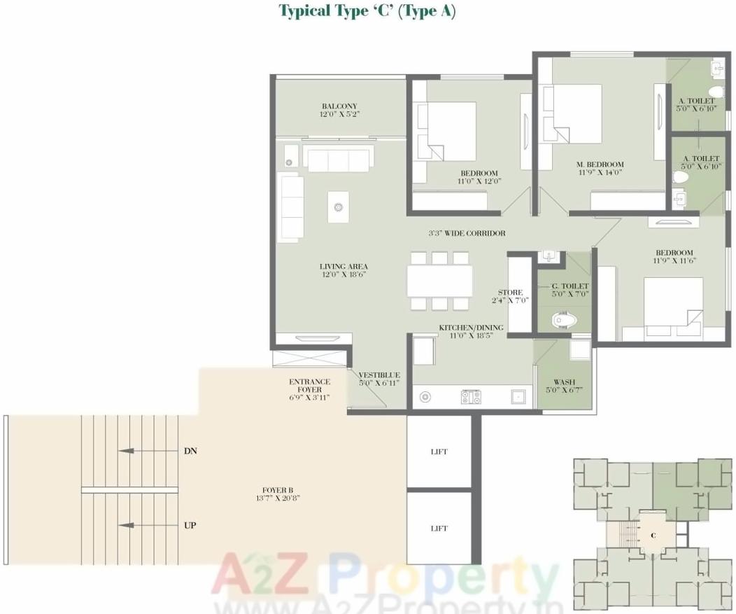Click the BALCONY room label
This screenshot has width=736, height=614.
tap(339, 106)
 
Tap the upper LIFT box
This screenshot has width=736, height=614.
tap(439, 452)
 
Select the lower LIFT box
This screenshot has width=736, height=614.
tap(439, 528)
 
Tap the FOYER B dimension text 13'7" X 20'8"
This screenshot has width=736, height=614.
tap(272, 498)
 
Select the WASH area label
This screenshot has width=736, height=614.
tap(564, 382)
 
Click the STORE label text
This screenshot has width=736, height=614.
tap(510, 293)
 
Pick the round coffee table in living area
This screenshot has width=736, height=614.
tap(339, 207)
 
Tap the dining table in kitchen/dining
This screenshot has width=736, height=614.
tap(439, 281)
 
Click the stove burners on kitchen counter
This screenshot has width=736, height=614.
tap(471, 397)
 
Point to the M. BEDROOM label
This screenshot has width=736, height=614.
tap(600, 165)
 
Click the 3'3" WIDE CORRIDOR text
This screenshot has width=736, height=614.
tap(467, 233)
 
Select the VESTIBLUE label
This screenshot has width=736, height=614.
tap(378, 375)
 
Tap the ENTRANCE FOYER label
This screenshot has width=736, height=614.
tap(309, 382)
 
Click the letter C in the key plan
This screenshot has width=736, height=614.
tap(652, 536)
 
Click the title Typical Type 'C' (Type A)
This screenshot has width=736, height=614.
tap(367, 11)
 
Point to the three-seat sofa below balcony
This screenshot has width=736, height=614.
tap(339, 160)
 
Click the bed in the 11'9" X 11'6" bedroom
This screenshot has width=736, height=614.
tap(673, 304)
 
